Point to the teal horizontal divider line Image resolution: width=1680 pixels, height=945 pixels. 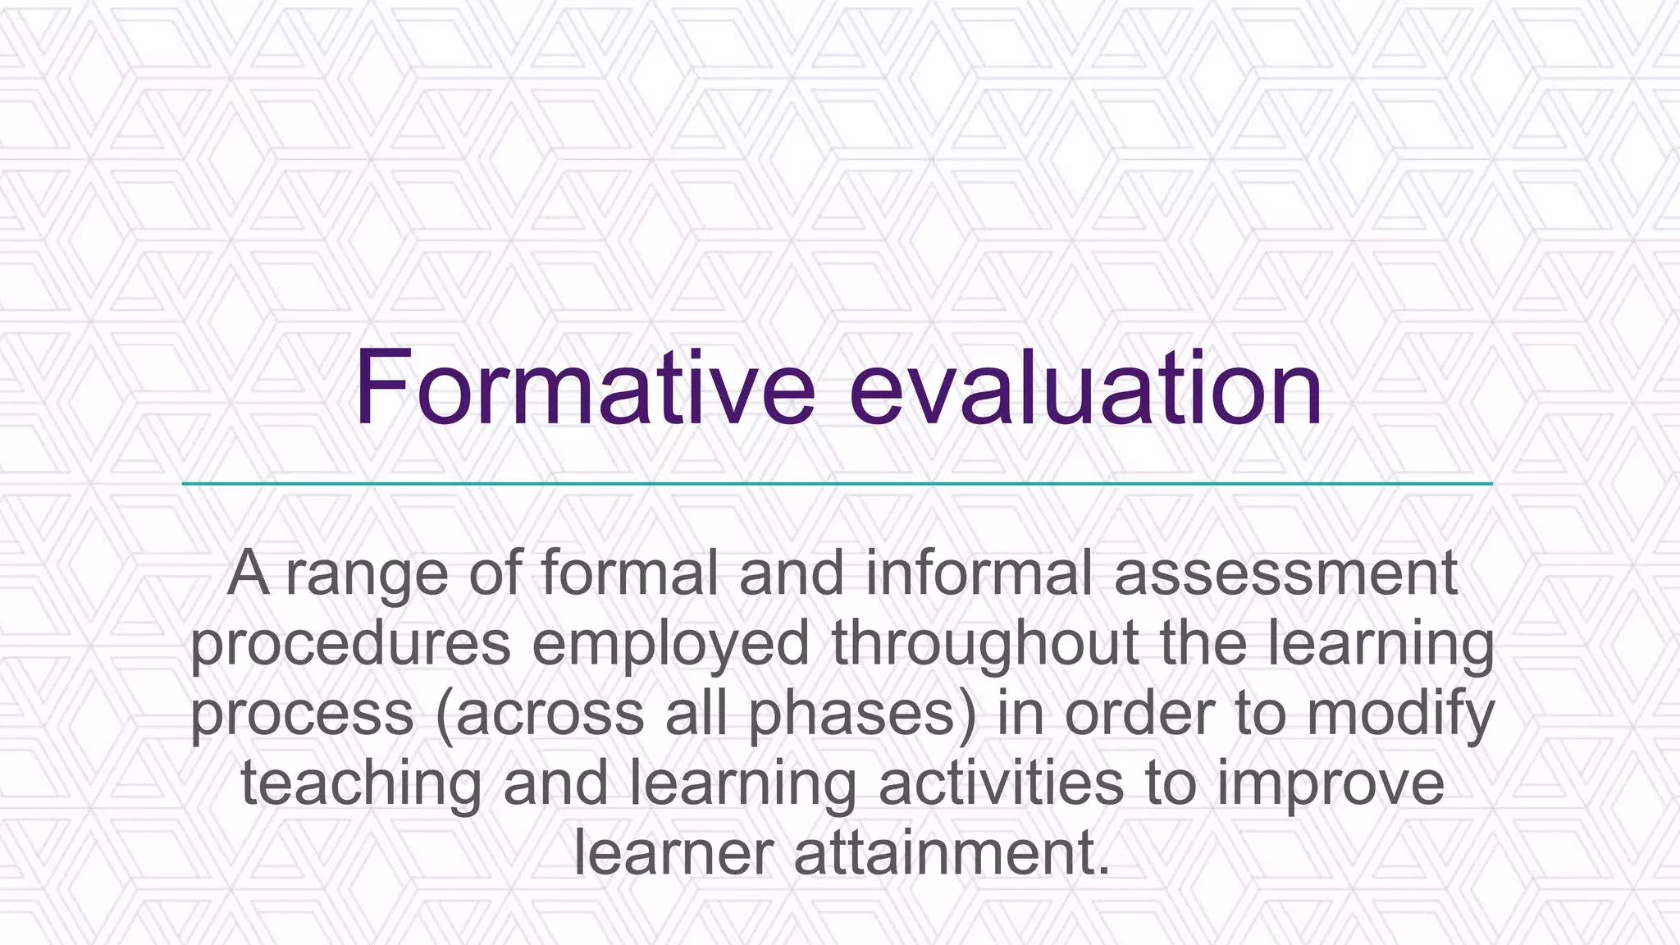click(x=837, y=484)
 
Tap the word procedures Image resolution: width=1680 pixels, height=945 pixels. click(x=351, y=645)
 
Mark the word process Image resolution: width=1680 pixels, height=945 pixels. click(x=302, y=714)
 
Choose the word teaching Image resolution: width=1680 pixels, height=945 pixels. click(x=361, y=785)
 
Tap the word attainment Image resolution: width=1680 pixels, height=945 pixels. click(x=952, y=854)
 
